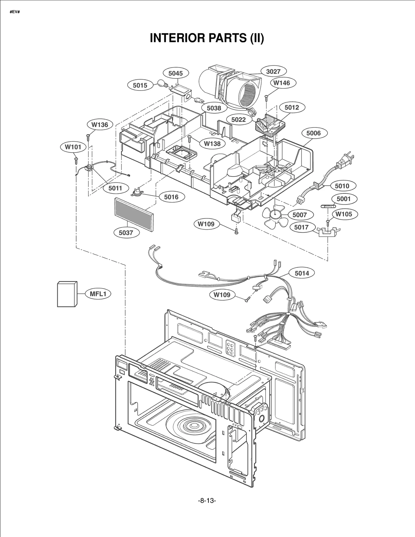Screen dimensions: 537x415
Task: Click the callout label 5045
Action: pos(176,73)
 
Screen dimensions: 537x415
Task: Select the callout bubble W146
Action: pos(282,83)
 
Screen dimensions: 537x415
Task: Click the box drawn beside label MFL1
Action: pos(67,294)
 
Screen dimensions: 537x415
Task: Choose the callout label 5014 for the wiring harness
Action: pos(302,273)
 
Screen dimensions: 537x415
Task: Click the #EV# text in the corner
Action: pos(15,12)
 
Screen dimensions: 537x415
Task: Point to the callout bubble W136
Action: pos(100,125)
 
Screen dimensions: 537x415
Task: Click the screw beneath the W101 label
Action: pos(76,161)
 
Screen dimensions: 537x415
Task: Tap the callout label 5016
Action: pos(171,197)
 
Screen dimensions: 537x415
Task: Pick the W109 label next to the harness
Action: pos(222,295)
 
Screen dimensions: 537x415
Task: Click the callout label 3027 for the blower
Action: pos(273,71)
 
